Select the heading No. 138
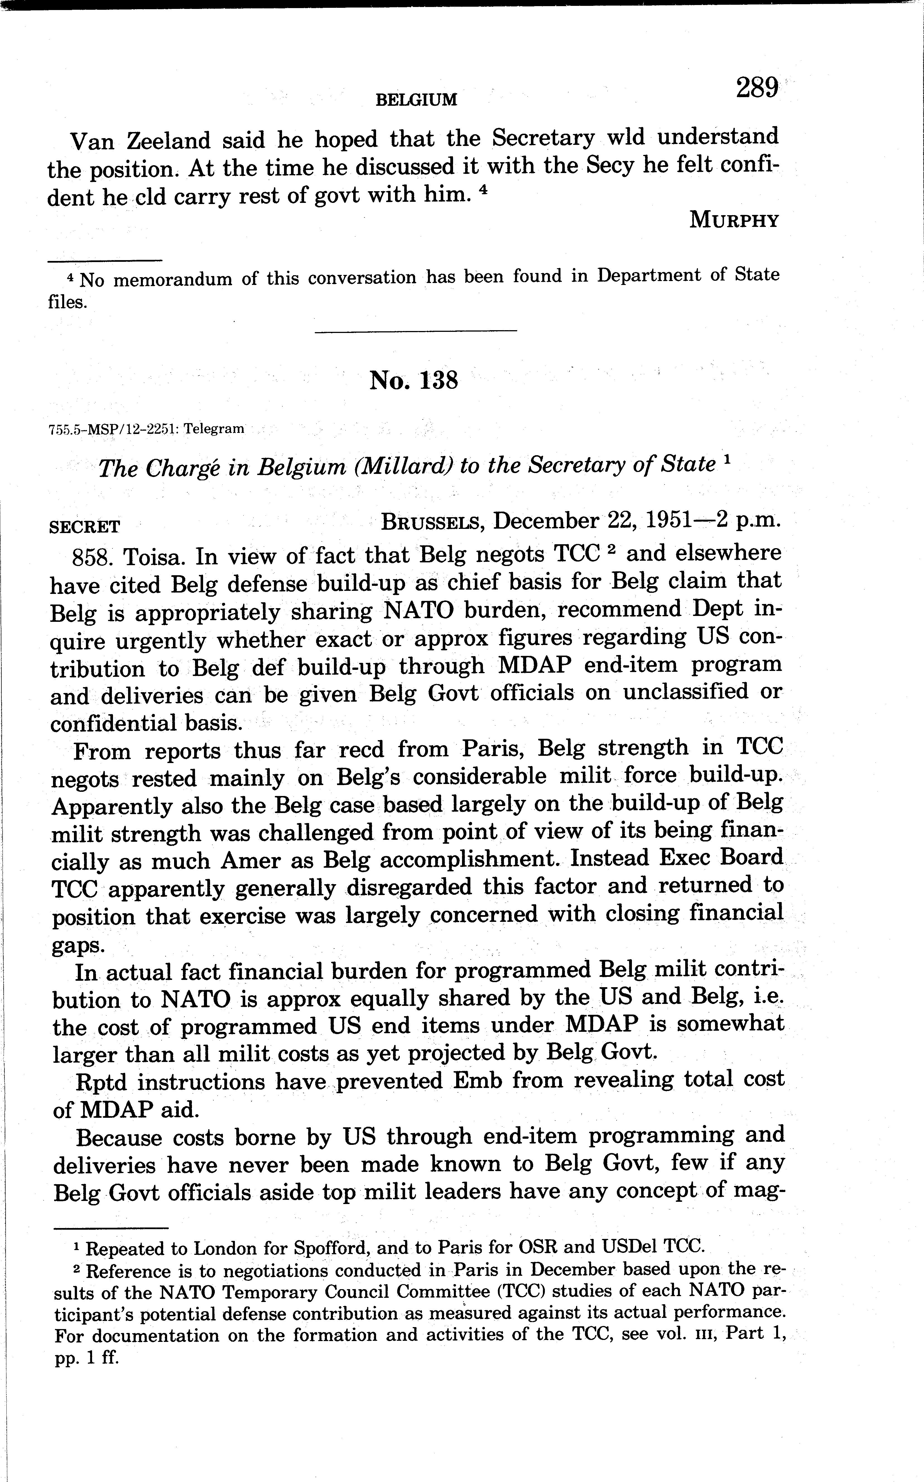tap(414, 380)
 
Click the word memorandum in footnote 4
tap(173, 279)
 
